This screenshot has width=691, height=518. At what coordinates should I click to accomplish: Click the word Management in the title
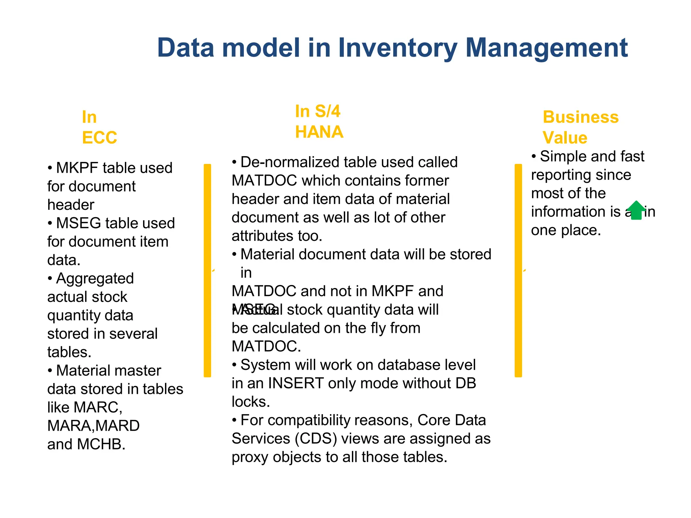coord(546,48)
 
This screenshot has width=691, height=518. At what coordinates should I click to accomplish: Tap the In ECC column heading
coord(99,127)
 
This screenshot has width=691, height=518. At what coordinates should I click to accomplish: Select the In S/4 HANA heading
coord(319,121)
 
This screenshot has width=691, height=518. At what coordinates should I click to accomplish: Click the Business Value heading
coord(580,127)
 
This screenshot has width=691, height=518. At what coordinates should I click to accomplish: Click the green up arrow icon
coord(636,210)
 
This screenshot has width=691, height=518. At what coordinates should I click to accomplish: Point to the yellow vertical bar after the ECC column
coord(208,270)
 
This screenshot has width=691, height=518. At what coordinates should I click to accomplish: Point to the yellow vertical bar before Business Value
coord(518,270)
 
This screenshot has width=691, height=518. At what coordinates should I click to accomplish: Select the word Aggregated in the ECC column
coord(95,279)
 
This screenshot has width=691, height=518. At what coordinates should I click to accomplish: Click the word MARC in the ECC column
coord(96,407)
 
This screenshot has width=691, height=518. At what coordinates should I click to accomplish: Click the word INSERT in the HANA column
coord(296,383)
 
